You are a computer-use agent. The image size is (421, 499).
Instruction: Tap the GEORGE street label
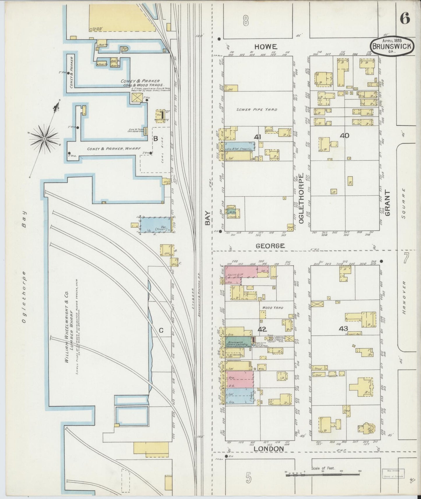click(270, 246)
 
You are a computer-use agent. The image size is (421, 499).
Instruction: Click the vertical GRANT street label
click(387, 203)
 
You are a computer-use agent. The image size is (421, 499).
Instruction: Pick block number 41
click(257, 137)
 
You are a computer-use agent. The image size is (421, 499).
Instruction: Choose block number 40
click(344, 135)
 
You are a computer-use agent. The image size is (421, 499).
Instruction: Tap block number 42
click(262, 329)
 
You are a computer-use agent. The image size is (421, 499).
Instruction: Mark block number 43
click(343, 329)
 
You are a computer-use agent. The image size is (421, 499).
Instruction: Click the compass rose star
click(44, 139)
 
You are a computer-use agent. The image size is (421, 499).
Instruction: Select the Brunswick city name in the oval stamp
click(392, 46)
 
